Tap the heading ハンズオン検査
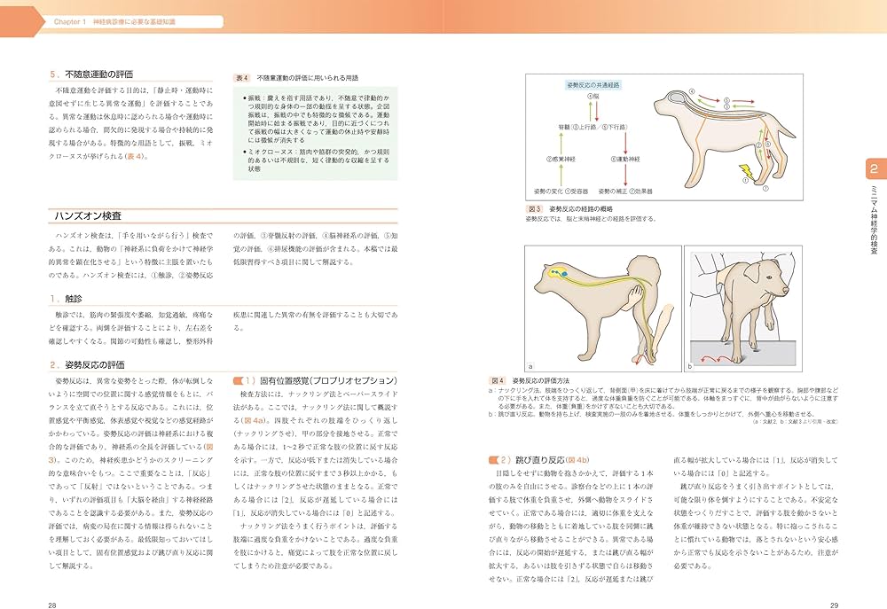[x=89, y=215]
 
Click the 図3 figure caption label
[x=535, y=208]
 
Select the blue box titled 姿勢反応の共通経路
[x=593, y=84]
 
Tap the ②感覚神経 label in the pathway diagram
[x=561, y=158]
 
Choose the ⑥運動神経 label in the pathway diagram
[x=624, y=158]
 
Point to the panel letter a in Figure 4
[x=530, y=363]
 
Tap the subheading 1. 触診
[x=73, y=299]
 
